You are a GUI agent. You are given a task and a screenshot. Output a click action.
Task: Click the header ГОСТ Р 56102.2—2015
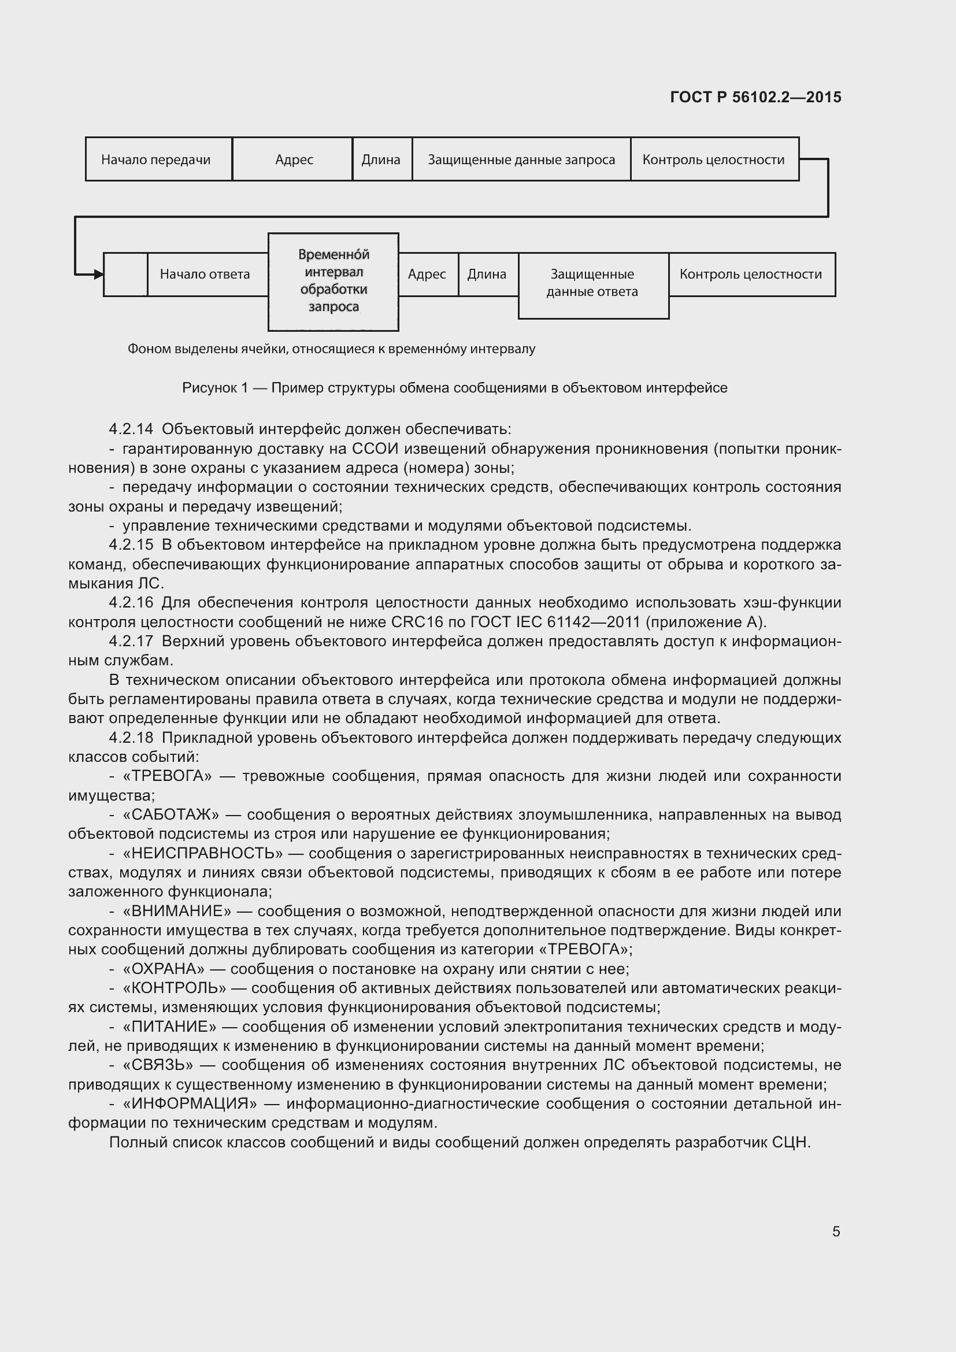point(755,97)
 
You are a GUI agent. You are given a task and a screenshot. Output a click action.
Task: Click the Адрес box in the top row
point(292,159)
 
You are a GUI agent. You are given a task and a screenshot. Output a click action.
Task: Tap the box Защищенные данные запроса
point(521,159)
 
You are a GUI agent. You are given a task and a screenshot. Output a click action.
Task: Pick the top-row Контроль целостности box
point(713,159)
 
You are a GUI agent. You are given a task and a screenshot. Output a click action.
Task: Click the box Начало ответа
point(205,274)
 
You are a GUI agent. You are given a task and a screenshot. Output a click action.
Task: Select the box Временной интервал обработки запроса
point(333,281)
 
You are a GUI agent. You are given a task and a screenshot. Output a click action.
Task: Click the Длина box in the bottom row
point(487,274)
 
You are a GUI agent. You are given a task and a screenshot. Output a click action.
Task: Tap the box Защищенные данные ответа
point(592,283)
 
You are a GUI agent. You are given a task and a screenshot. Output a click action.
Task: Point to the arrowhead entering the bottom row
point(98,274)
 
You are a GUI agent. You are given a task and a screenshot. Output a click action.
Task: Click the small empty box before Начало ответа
point(125,274)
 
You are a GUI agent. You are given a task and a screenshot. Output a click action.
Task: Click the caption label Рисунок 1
point(214,387)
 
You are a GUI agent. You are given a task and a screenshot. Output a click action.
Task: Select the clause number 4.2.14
point(131,429)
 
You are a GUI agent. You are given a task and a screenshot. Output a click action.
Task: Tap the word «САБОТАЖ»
point(171,814)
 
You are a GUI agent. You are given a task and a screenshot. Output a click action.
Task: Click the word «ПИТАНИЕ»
point(169,1027)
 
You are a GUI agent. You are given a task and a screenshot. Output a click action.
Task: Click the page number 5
point(836,1231)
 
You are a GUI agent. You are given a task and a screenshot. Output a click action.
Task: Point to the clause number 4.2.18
point(131,737)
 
